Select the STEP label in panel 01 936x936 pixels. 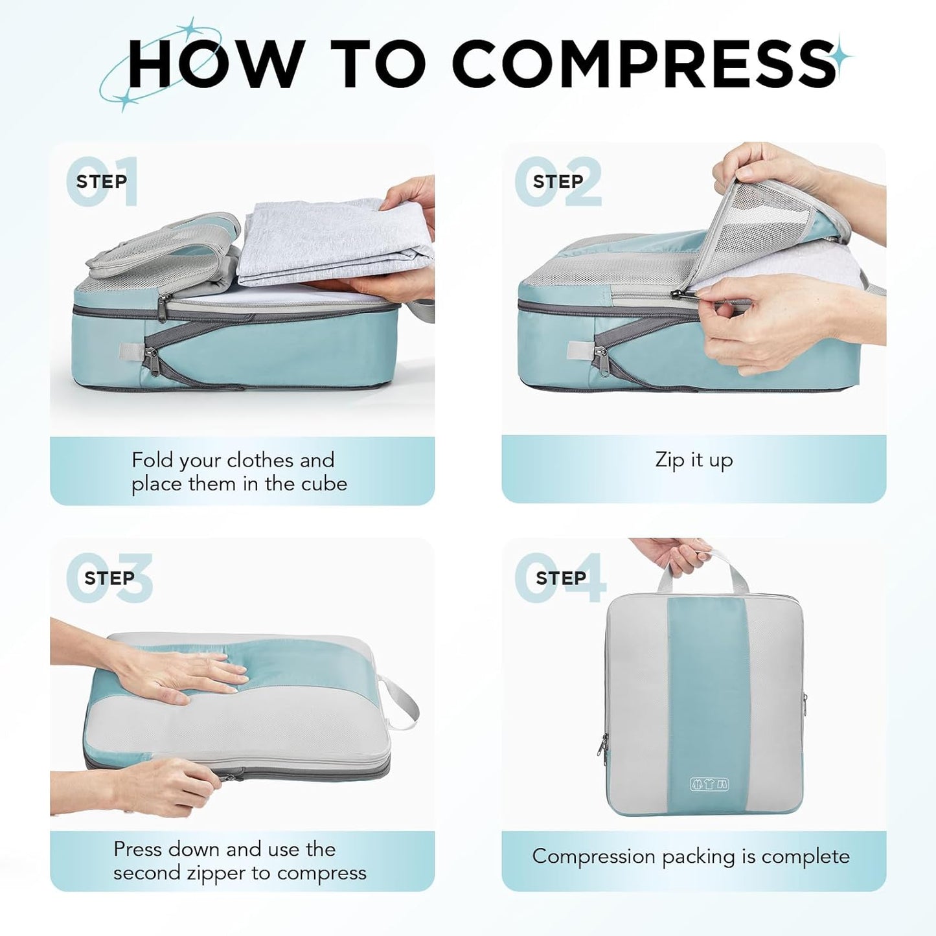pos(102,181)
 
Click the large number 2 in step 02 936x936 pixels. pos(583,183)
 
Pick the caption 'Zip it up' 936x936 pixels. pos(694,460)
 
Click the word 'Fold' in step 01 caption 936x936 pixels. pos(152,460)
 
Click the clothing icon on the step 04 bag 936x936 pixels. pos(709,784)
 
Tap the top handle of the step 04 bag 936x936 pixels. pos(703,569)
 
